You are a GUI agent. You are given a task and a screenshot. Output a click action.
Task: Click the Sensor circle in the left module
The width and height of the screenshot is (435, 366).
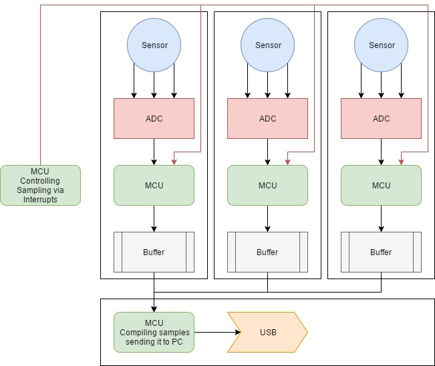coord(154,45)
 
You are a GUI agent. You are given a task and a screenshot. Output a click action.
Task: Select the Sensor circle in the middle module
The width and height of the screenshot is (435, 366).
coord(267,45)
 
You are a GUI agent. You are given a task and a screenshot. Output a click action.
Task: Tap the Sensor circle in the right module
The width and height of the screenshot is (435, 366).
coord(381,45)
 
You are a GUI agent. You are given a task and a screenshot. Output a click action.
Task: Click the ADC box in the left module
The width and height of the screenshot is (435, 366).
coord(154,119)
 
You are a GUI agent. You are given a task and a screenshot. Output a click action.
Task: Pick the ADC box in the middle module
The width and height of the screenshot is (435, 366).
coord(267,119)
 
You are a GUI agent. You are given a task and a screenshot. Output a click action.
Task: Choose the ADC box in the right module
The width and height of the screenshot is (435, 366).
coord(381,119)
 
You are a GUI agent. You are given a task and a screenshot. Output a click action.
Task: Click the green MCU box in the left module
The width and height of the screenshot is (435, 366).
coord(154,185)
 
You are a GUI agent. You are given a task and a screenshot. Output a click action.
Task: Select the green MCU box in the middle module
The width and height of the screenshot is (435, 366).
coord(267,185)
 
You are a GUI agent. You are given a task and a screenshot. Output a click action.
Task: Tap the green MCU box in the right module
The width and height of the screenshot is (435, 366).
coord(381,185)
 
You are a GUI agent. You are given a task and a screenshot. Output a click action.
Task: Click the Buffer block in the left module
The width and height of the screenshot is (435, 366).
coord(154,252)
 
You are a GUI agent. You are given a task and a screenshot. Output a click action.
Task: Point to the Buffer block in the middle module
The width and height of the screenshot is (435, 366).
coord(267,252)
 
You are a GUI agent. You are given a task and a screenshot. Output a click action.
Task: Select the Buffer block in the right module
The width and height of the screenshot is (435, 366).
coord(381,252)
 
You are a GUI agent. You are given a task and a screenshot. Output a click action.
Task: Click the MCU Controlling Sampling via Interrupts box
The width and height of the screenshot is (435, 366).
coord(40,185)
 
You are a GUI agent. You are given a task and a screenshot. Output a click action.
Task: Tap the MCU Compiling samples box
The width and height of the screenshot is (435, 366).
coord(154,332)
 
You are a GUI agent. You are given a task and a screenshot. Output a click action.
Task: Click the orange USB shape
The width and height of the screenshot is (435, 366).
coord(267,332)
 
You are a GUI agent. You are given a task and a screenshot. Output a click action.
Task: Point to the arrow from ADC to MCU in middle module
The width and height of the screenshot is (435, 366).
coord(267,152)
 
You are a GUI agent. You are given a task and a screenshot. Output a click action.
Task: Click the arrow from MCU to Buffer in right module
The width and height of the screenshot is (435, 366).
coord(381,218)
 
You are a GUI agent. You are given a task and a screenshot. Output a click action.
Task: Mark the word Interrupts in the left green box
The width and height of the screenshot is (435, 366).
coord(40,199)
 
